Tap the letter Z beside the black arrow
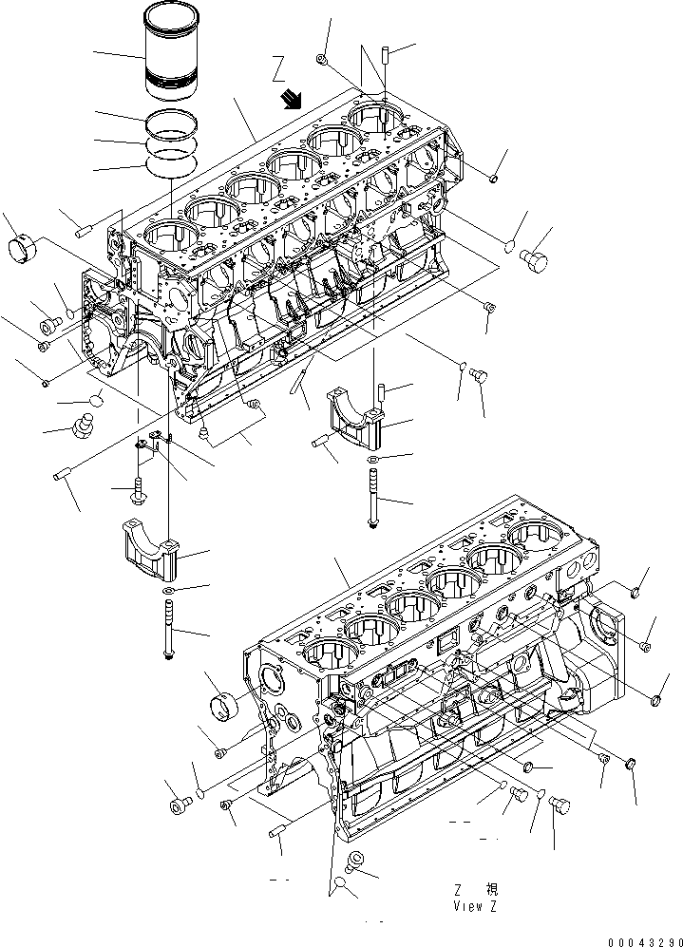[x=278, y=68]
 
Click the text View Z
[x=475, y=905]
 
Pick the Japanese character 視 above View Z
[x=491, y=890]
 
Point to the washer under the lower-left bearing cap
[x=168, y=592]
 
